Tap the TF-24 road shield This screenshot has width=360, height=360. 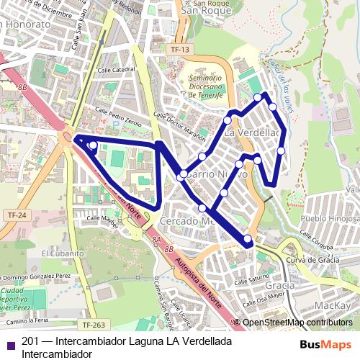(x=16, y=215)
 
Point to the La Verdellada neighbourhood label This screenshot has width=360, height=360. (x=252, y=133)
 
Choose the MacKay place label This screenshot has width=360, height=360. (x=333, y=306)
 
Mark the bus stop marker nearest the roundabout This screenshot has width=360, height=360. (x=93, y=145)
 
